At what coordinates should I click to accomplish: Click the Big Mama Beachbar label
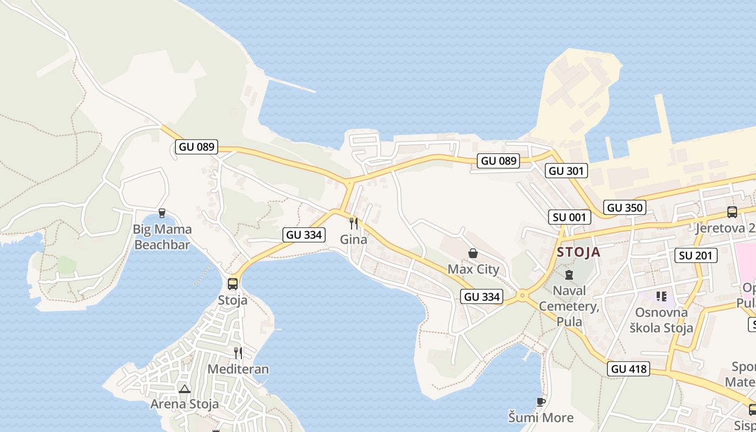click(x=162, y=237)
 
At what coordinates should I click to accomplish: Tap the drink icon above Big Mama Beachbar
click(x=161, y=213)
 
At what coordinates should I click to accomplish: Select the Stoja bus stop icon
click(x=233, y=283)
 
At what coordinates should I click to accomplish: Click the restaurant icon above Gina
click(x=354, y=223)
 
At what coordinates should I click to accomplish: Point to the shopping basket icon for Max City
click(x=473, y=253)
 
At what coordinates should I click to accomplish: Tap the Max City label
click(x=473, y=269)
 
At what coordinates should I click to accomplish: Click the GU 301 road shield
click(x=566, y=171)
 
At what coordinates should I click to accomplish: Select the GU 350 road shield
click(x=625, y=207)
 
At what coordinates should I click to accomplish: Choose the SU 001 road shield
click(x=569, y=218)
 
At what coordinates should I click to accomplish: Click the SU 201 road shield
click(x=696, y=255)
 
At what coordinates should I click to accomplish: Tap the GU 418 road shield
click(x=628, y=369)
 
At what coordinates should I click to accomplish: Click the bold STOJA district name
click(x=578, y=252)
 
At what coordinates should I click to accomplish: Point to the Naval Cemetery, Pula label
click(x=569, y=306)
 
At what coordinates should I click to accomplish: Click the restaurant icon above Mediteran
click(x=238, y=353)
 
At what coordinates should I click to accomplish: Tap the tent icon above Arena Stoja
click(x=185, y=389)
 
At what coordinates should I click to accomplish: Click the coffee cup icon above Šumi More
click(x=541, y=402)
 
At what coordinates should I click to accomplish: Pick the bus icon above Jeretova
click(x=732, y=212)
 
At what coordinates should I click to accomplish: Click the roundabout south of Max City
click(x=522, y=296)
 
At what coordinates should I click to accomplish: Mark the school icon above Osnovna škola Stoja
click(x=661, y=296)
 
